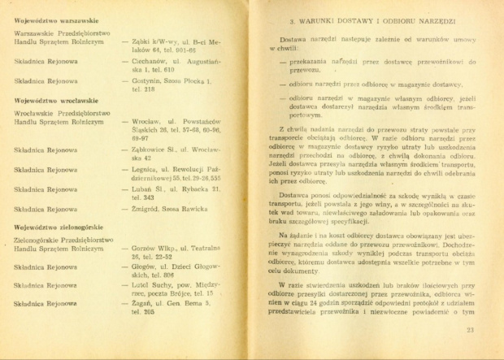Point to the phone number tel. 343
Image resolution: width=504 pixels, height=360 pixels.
click(x=143, y=197)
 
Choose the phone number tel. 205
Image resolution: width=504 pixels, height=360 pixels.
click(x=143, y=311)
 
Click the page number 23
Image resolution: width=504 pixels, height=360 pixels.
click(x=471, y=330)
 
